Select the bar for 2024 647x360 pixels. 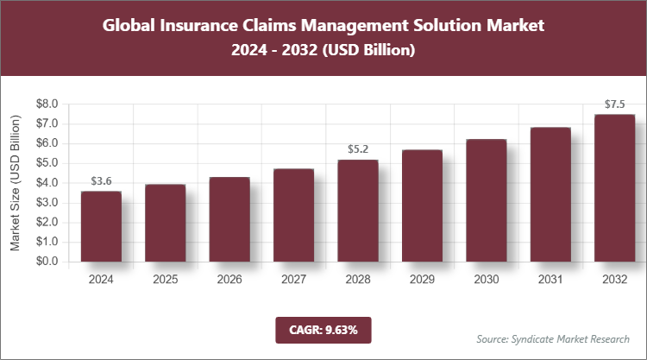(101, 226)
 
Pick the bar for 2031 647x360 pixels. (550, 194)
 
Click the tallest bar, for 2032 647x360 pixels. (613, 187)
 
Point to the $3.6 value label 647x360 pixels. (102, 181)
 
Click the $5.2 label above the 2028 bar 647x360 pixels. (357, 149)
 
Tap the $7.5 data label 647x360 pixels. (614, 104)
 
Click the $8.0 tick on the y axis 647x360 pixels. (47, 104)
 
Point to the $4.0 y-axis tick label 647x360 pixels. (47, 183)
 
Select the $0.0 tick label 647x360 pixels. (47, 262)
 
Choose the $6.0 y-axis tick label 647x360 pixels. (47, 143)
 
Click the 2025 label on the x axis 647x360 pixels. (165, 279)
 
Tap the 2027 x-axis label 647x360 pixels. (293, 279)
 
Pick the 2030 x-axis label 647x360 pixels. (486, 279)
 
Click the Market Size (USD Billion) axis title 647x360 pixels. (16, 183)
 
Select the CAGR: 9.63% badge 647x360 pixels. (323, 329)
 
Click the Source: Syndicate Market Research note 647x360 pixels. (552, 338)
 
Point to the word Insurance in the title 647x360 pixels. (191, 25)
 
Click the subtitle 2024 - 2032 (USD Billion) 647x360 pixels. (323, 51)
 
